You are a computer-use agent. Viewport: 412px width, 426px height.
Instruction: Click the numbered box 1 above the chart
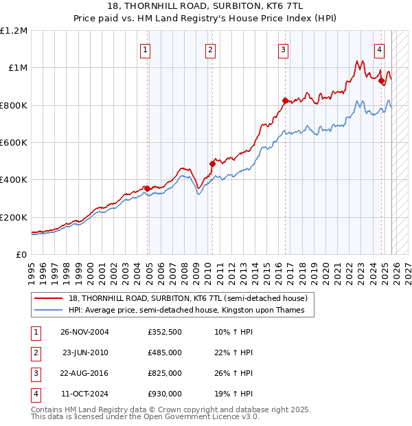146,49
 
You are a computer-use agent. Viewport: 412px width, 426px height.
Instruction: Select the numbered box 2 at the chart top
210,49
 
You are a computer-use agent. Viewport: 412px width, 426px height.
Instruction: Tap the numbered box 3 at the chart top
283,49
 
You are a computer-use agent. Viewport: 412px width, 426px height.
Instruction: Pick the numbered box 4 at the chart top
379,49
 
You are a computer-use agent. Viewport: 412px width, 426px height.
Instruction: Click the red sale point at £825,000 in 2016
285,100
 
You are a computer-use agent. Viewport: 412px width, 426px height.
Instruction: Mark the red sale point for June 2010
212,164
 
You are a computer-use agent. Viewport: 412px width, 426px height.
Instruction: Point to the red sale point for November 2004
147,188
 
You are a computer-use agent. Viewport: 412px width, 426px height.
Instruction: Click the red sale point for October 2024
381,80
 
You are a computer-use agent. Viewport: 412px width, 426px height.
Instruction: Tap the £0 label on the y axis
21,254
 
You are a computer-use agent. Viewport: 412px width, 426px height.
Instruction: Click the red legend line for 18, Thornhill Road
48,298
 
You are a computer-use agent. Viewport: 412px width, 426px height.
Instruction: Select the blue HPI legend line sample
48,310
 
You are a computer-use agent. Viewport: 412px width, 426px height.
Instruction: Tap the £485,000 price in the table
164,352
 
